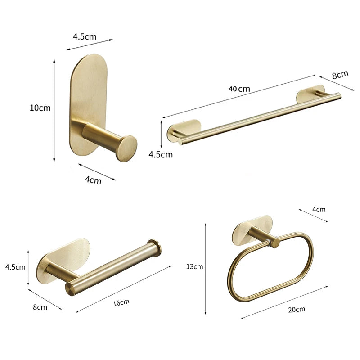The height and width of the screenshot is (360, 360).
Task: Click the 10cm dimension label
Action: tap(40, 108)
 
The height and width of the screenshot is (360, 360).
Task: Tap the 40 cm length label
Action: tap(239, 89)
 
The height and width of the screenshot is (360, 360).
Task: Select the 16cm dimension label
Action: tap(121, 302)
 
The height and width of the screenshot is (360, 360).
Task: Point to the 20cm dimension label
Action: tap(297, 310)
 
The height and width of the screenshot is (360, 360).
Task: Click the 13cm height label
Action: tap(194, 266)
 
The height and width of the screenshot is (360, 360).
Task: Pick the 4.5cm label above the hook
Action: tap(85, 36)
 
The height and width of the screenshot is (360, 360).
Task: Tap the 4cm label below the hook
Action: tap(93, 180)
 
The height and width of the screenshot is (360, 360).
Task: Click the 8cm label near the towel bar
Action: tap(340, 75)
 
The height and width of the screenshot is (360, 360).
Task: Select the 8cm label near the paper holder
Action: tap(40, 307)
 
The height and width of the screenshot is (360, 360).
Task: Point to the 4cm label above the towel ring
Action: tap(319, 209)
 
